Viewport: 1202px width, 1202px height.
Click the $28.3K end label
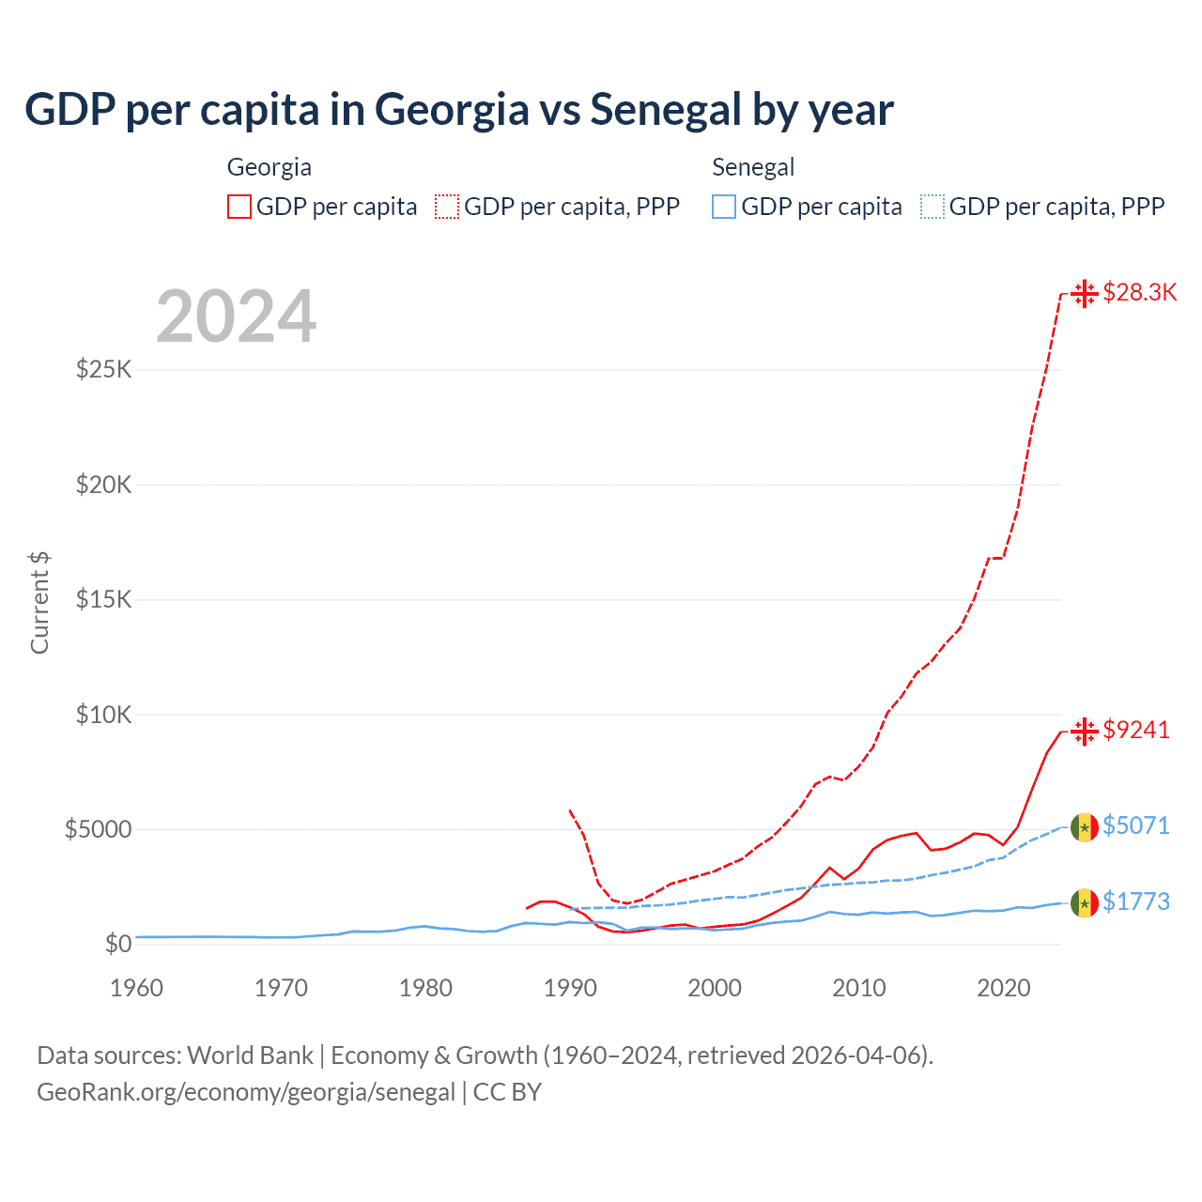(x=1139, y=292)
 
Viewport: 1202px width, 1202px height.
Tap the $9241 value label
(x=1136, y=730)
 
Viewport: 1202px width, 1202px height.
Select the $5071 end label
(x=1136, y=825)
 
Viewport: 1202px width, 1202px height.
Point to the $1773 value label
(x=1136, y=901)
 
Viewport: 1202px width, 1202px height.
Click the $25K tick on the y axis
(x=103, y=369)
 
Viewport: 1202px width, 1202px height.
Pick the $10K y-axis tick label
(x=103, y=715)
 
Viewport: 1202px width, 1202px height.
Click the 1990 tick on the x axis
(x=570, y=988)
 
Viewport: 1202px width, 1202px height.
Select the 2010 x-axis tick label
(x=859, y=988)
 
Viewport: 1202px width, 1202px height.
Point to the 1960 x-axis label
(x=137, y=988)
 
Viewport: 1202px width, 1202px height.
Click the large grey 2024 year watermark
(x=236, y=316)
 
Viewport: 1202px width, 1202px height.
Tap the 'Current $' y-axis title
(x=39, y=603)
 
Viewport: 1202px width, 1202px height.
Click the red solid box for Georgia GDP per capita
(x=239, y=207)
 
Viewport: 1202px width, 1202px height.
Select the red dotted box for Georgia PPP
(x=447, y=207)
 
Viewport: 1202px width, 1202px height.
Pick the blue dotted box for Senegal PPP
(x=932, y=207)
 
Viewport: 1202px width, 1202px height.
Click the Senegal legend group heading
(x=753, y=167)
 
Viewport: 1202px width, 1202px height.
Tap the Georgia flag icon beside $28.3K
(x=1085, y=293)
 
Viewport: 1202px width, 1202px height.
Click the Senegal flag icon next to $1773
(x=1085, y=902)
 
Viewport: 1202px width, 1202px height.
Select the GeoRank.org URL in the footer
(x=246, y=1092)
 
